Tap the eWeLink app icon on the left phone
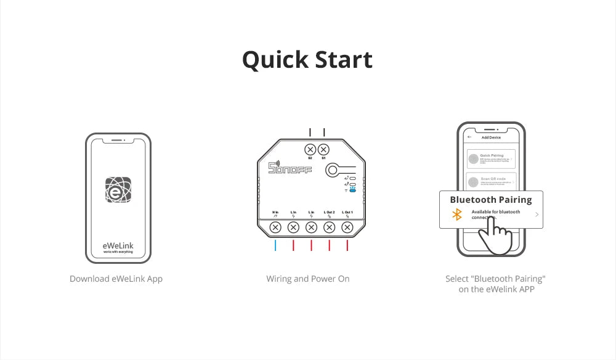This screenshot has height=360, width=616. (x=118, y=190)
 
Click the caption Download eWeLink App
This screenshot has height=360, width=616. (x=116, y=279)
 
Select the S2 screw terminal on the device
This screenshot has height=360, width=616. (x=310, y=149)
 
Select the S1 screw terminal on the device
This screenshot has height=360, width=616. (x=323, y=149)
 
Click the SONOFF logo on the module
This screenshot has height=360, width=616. (x=290, y=168)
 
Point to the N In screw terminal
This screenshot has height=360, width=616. (x=275, y=227)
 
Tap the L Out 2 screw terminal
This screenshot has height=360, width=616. (x=329, y=227)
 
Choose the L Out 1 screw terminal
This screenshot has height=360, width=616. (x=347, y=227)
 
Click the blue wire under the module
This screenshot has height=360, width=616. (x=275, y=245)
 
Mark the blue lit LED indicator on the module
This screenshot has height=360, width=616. (x=352, y=190)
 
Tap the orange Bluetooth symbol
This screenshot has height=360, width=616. (x=457, y=215)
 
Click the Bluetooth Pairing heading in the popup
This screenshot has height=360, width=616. (x=490, y=200)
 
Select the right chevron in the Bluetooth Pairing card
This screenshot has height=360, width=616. (x=537, y=215)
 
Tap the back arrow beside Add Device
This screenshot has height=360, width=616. (x=469, y=137)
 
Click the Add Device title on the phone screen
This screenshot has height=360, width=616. (x=491, y=137)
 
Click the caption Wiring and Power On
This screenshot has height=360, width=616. (x=308, y=279)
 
